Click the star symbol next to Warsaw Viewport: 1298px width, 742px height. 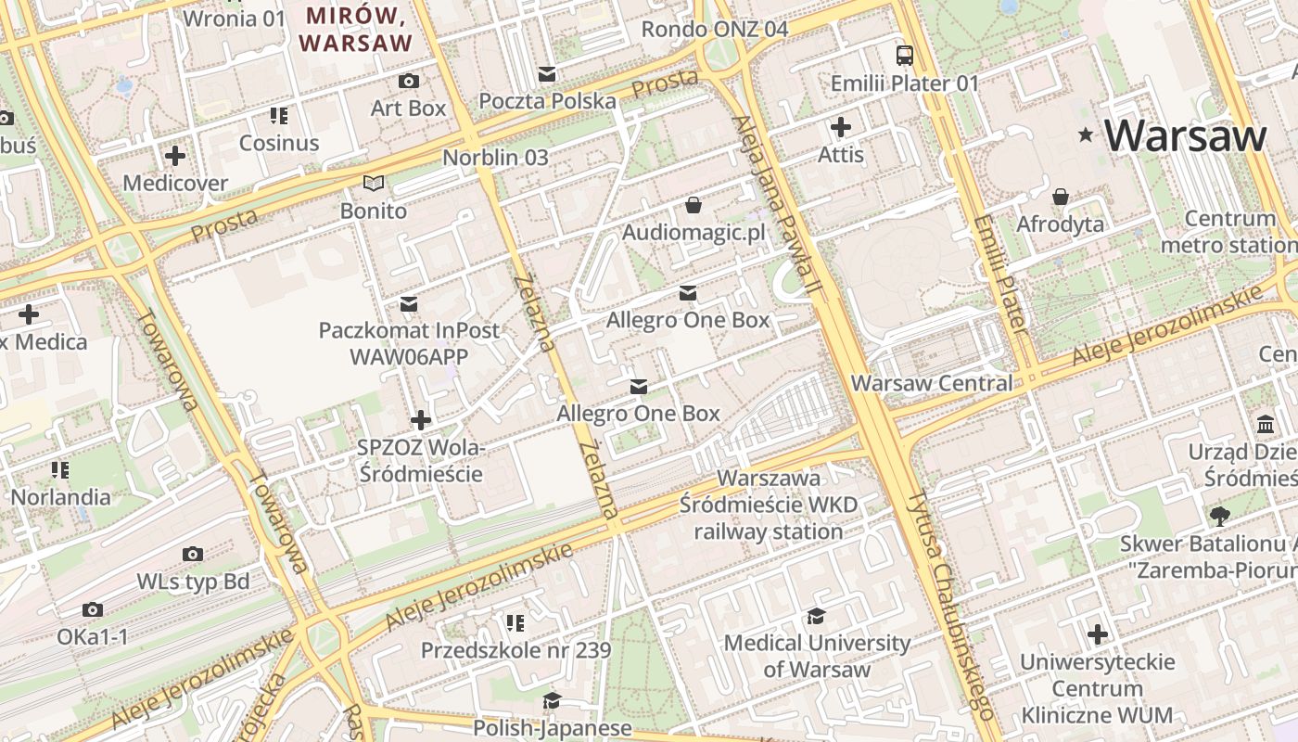tap(1085, 135)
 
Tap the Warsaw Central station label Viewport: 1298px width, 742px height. tap(931, 383)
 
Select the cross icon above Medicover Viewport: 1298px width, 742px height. tap(174, 155)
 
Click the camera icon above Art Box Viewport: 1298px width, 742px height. tap(408, 81)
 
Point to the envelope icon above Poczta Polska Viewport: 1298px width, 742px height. tap(547, 73)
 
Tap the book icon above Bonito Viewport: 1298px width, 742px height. tap(373, 183)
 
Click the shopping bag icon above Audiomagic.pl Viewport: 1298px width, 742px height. tap(694, 204)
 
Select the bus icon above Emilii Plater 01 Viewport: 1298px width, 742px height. tap(904, 56)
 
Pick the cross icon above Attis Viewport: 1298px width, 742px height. tap(841, 126)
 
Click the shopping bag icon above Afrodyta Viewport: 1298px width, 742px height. tap(1061, 197)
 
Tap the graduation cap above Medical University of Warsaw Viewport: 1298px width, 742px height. tap(816, 616)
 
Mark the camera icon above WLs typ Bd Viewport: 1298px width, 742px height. tap(192, 554)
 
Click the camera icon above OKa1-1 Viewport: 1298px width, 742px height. tap(92, 609)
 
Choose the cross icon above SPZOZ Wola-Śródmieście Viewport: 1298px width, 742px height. tap(420, 420)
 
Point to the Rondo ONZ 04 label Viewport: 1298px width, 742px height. tap(715, 29)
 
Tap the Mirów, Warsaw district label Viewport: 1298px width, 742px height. tap(355, 29)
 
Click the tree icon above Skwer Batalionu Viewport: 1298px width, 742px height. tap(1219, 516)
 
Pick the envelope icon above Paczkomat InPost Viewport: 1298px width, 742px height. tap(408, 303)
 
